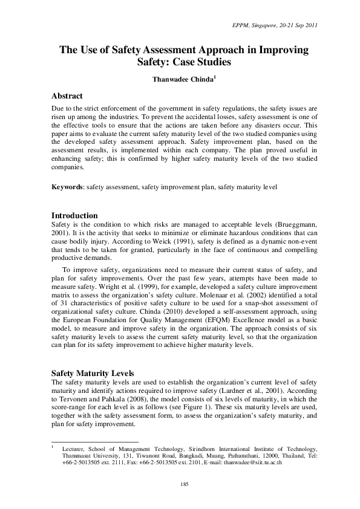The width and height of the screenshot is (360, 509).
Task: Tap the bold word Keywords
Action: [67, 187]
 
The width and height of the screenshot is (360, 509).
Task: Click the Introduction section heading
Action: [74, 215]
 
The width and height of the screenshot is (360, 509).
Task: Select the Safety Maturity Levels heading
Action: [92, 373]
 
